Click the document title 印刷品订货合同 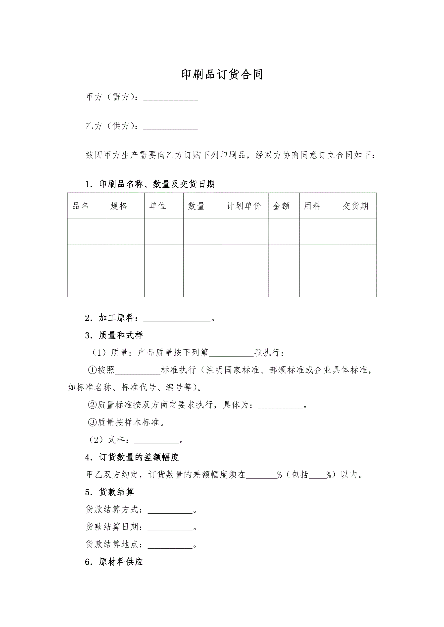point(222,74)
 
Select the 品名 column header point(81,206)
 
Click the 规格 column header point(119,206)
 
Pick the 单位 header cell point(158,206)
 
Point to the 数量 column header point(196,206)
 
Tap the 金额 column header point(281,206)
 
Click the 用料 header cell point(312,206)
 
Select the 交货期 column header point(355,206)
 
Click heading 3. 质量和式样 point(114,335)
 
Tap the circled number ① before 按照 point(92,370)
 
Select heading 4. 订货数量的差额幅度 point(132,458)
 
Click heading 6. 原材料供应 point(114,562)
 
